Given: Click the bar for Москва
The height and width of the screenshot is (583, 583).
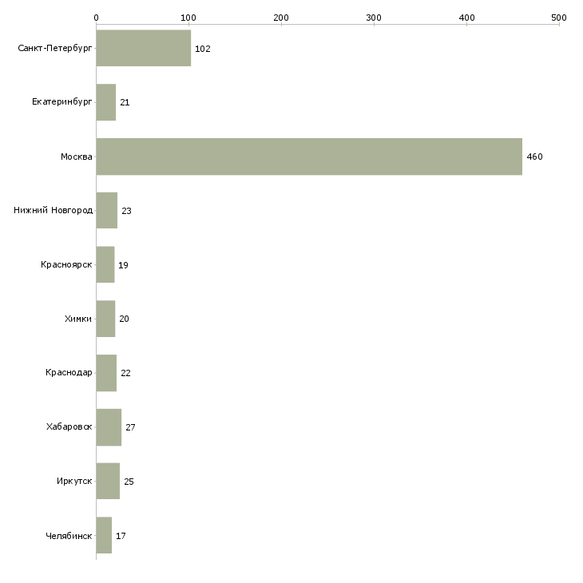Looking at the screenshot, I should click(308, 157).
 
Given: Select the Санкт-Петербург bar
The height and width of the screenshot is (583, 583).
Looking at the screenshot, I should click(143, 49).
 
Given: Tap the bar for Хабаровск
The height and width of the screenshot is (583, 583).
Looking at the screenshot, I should click(109, 427).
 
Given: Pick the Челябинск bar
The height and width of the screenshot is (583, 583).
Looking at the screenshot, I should click(104, 536).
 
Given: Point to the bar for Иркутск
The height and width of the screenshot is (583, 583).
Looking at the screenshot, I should click(108, 482).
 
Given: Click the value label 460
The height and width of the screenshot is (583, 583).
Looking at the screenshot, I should click(534, 157).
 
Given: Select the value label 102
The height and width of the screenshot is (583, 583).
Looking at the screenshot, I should click(202, 49).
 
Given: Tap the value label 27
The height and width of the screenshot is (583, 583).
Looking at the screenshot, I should click(130, 427).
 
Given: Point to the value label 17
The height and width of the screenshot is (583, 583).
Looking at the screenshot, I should click(121, 536).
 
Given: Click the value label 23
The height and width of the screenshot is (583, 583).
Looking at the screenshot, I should click(126, 211).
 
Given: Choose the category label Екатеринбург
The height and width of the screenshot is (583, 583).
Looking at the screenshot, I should click(62, 102).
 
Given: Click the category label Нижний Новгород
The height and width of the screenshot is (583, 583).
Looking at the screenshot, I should click(53, 211).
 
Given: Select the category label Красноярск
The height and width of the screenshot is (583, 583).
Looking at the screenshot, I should click(66, 264).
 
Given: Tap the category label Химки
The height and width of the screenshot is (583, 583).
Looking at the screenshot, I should click(78, 319).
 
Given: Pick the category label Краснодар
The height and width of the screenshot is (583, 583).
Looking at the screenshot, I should click(69, 373).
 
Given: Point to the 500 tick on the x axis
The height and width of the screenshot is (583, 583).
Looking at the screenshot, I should click(559, 16).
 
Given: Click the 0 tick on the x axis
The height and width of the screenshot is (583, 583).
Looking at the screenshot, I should click(96, 16).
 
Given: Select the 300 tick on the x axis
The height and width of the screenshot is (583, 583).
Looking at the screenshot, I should click(374, 16).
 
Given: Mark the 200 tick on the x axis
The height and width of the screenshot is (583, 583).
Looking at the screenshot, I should click(281, 16).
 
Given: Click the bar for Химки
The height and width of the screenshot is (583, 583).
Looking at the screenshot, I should click(105, 319).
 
